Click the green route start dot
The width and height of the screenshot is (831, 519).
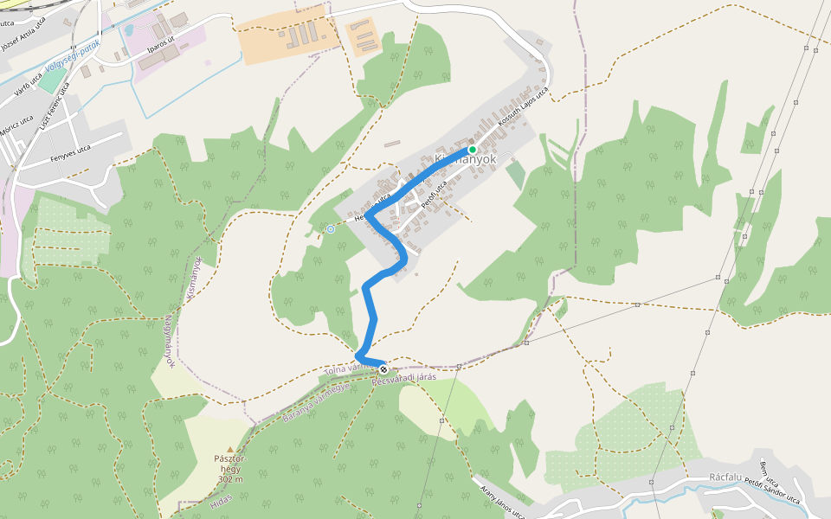coord(473,150)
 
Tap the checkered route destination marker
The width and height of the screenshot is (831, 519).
coord(383,369)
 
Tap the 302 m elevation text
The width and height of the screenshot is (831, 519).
coord(230,479)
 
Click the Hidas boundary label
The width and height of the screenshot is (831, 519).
coord(222,499)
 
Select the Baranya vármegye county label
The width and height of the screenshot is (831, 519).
coord(316,403)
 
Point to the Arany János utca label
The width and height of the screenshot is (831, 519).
coord(502,502)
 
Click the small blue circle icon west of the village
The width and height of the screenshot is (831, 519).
coord(330,229)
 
